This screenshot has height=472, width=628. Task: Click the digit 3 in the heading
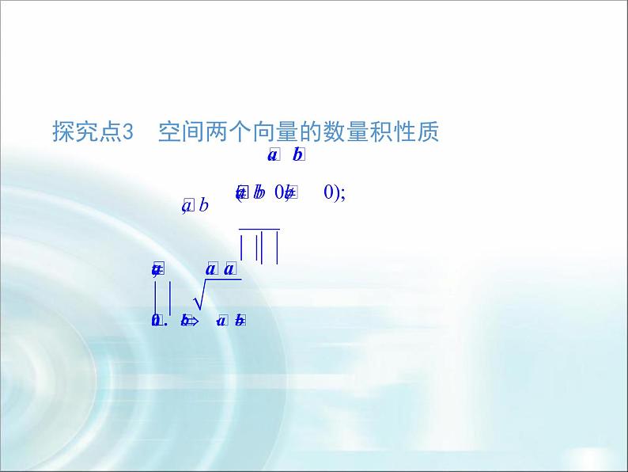[x=131, y=131]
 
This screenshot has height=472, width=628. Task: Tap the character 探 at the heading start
[x=63, y=131]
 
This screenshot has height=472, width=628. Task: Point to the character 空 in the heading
[x=169, y=131]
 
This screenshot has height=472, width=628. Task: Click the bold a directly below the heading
[x=272, y=156]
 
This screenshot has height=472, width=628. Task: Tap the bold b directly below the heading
[x=297, y=156]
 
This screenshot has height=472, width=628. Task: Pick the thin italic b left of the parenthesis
[x=203, y=207]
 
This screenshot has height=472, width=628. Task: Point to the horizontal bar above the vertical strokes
[x=259, y=229]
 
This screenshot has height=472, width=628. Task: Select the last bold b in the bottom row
[x=240, y=321]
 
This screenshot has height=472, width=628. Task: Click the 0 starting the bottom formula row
[x=156, y=321]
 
